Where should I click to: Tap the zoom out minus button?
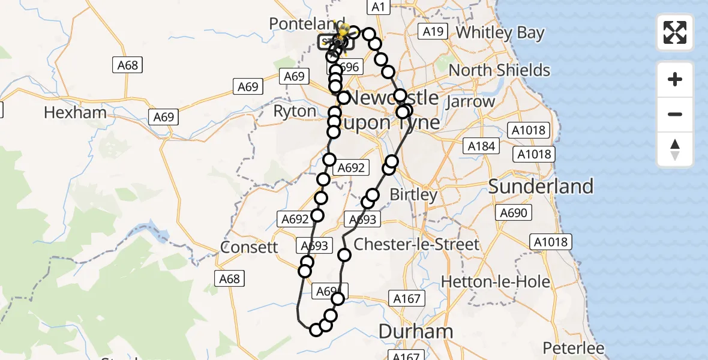pyautogui.click(x=675, y=114)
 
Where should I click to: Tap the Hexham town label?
pyautogui.click(x=76, y=113)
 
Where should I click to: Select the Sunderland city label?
pyautogui.click(x=541, y=186)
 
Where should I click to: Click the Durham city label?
pyautogui.click(x=416, y=331)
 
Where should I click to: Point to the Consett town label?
pyautogui.click(x=249, y=247)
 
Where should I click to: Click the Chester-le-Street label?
pyautogui.click(x=416, y=244)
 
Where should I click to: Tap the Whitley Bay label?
pyautogui.click(x=500, y=32)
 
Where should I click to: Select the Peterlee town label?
pyautogui.click(x=574, y=348)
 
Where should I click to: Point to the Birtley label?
pyautogui.click(x=413, y=195)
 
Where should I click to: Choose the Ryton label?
pyautogui.click(x=295, y=112)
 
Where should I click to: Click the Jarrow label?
pyautogui.click(x=470, y=101)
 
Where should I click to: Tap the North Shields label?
pyautogui.click(x=499, y=70)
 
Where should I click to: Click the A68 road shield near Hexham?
pyautogui.click(x=128, y=65)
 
